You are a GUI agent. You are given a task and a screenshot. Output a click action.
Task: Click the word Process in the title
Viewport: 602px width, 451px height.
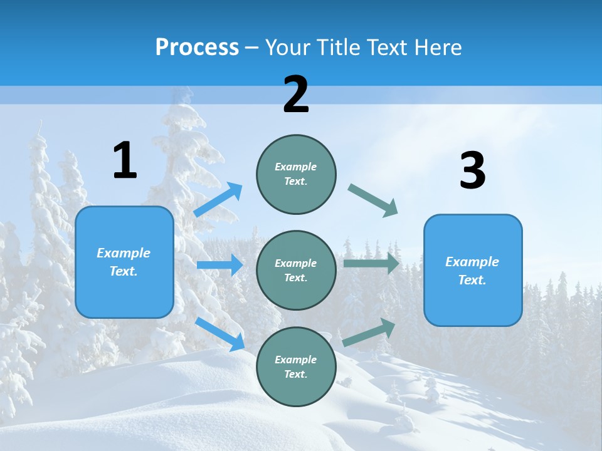[197, 48]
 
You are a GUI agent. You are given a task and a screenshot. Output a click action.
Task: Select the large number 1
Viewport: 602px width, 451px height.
[125, 161]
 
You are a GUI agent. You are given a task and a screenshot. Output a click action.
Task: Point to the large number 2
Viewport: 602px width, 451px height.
[296, 95]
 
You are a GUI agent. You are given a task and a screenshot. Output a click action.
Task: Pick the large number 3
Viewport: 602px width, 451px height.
[472, 171]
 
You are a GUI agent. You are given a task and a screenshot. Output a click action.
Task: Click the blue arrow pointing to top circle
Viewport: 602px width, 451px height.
[218, 200]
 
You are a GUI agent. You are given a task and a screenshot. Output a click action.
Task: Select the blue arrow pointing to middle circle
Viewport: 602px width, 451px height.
[219, 265]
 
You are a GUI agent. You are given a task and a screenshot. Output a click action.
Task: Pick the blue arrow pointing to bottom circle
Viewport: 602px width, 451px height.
[220, 334]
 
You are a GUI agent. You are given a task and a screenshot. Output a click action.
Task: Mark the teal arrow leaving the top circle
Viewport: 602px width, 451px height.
[373, 200]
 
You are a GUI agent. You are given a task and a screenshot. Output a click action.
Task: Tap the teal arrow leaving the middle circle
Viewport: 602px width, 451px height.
[371, 264]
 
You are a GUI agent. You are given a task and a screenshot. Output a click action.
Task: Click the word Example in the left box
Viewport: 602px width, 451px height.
[124, 253]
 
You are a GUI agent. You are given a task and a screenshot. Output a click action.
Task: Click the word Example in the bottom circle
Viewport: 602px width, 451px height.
[296, 360]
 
